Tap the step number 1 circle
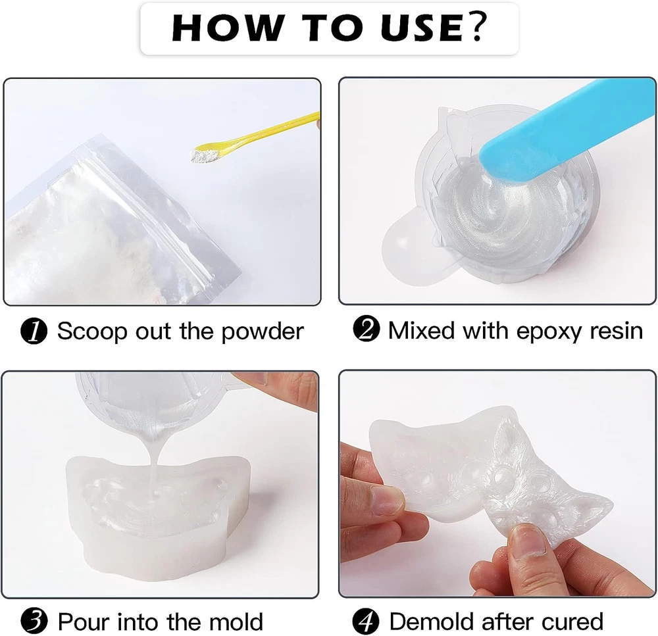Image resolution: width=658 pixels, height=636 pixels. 34,331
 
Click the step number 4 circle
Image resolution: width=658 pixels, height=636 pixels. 366,622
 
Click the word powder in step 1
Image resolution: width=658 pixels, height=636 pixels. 262,333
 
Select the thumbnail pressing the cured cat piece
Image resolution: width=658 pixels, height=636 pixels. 528,539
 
